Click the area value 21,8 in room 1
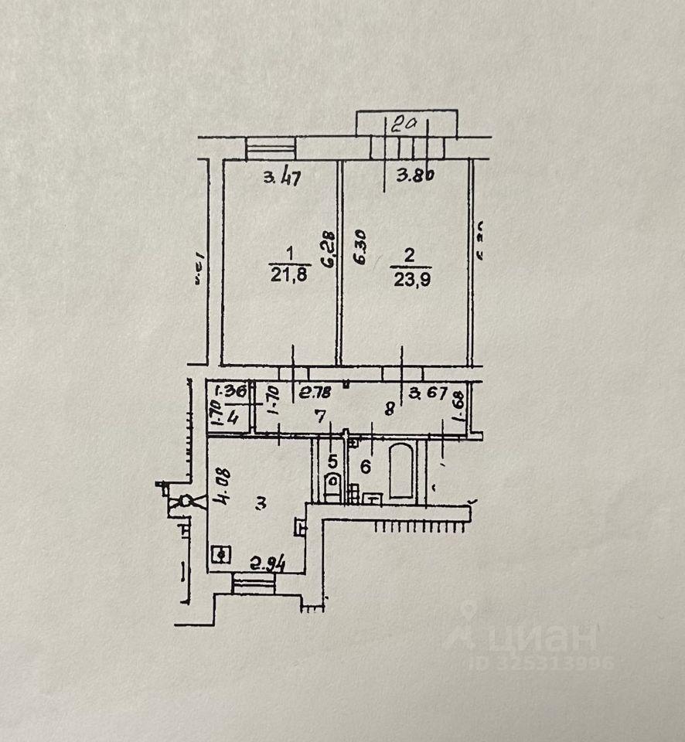tap(289, 275)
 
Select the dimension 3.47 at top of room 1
tap(281, 178)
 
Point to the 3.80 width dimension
tap(415, 175)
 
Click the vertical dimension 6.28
tap(329, 250)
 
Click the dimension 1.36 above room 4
tap(230, 391)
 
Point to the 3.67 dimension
tap(428, 393)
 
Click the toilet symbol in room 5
tap(332, 485)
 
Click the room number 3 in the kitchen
tap(261, 503)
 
